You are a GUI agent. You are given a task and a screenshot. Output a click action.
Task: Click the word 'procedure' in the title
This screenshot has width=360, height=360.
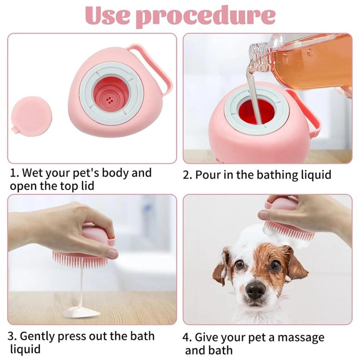pyautogui.click(x=207, y=16)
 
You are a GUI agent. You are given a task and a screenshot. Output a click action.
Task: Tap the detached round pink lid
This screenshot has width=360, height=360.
pyautogui.click(x=31, y=116)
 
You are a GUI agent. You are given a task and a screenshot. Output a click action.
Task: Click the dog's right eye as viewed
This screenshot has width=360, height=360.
pyautogui.click(x=275, y=265)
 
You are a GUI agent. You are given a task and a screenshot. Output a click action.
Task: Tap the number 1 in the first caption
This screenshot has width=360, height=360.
pyautogui.click(x=13, y=173)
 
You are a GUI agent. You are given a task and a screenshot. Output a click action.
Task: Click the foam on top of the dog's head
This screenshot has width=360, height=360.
pyautogui.click(x=252, y=236)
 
